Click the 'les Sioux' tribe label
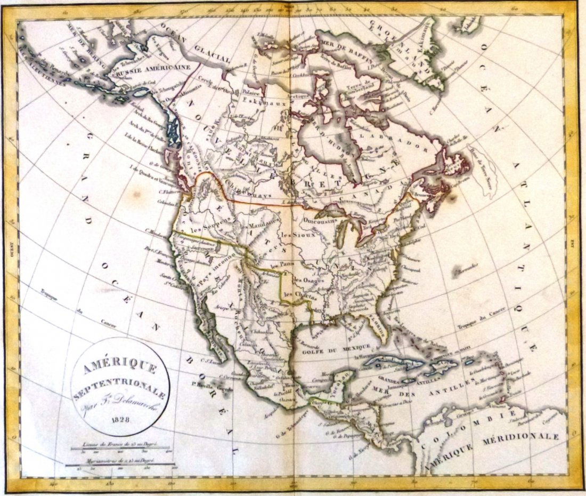click(x=296, y=235)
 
